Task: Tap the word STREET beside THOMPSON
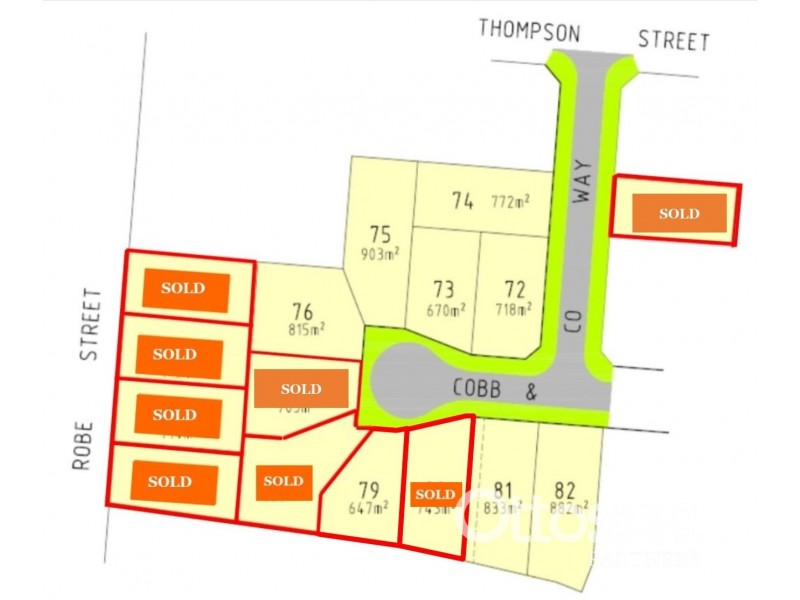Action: [x=673, y=41]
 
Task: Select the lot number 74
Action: [x=461, y=201]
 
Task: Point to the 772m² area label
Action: [x=510, y=201]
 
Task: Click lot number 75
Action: [x=378, y=236]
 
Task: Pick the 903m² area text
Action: [x=379, y=255]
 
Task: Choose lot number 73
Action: [x=444, y=290]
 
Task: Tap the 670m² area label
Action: [x=445, y=310]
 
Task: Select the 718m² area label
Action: [x=512, y=310]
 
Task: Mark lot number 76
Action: [x=304, y=310]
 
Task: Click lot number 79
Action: [x=368, y=490]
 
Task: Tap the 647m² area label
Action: [x=367, y=508]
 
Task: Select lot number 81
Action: [x=504, y=490]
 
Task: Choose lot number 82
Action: [x=564, y=490]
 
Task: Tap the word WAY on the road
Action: [x=584, y=181]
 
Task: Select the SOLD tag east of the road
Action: [x=678, y=213]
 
